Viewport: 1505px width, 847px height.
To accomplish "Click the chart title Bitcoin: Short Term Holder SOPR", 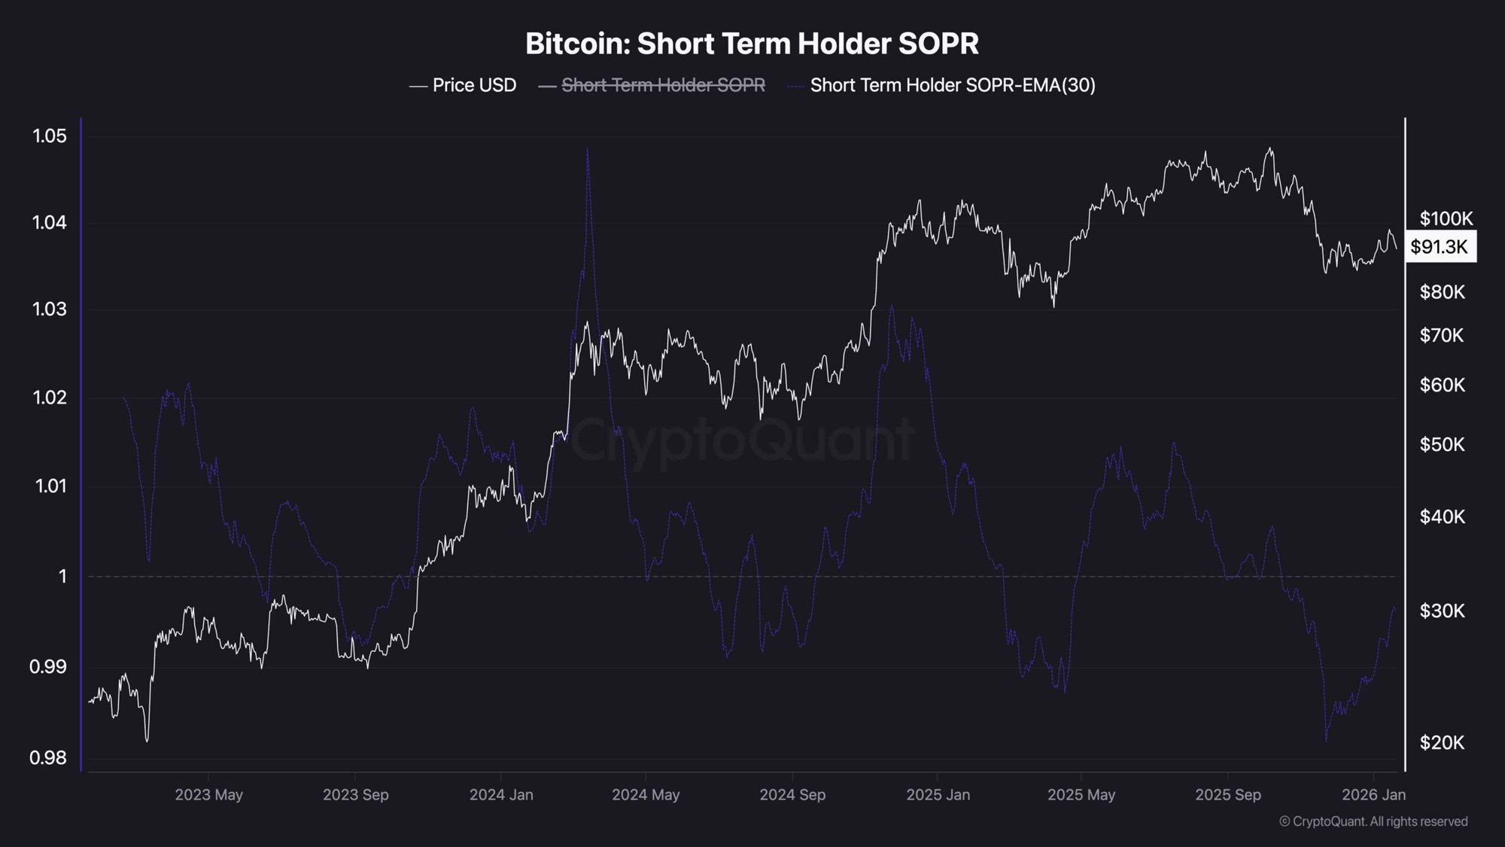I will tap(752, 44).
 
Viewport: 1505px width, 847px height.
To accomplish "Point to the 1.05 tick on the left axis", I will tap(50, 136).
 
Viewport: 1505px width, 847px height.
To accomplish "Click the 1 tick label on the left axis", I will tap(62, 577).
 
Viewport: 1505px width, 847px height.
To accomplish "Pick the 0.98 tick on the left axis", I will tap(48, 757).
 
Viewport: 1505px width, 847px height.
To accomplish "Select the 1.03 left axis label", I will tap(50, 309).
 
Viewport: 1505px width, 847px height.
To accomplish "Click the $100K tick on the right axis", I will tap(1446, 219).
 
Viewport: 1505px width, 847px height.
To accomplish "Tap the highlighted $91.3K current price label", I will tap(1440, 247).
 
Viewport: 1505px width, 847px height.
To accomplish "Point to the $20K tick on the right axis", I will tap(1442, 743).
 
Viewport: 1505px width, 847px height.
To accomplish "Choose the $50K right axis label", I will tap(1442, 444).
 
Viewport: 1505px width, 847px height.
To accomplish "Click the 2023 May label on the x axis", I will tap(208, 795).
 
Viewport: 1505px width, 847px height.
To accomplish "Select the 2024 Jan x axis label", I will tap(501, 795).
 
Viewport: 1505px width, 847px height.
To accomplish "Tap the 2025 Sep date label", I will tap(1228, 795).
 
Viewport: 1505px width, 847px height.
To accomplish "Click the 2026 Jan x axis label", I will tap(1373, 795).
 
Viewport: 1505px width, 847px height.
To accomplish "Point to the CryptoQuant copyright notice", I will tap(1373, 821).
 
